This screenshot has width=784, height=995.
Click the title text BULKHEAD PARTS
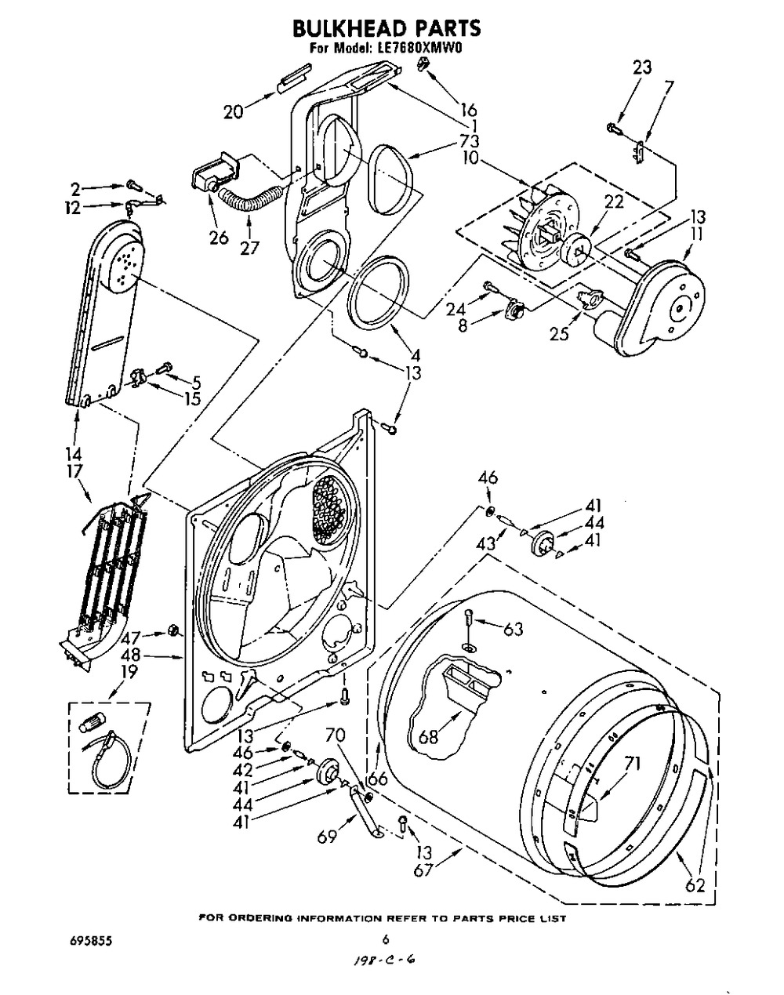[386, 29]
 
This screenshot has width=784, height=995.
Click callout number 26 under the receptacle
[219, 238]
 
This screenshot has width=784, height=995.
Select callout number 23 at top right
[642, 68]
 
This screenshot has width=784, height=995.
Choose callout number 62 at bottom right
[695, 886]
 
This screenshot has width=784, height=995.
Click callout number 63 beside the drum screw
[512, 629]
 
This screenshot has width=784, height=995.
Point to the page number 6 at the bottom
[386, 939]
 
